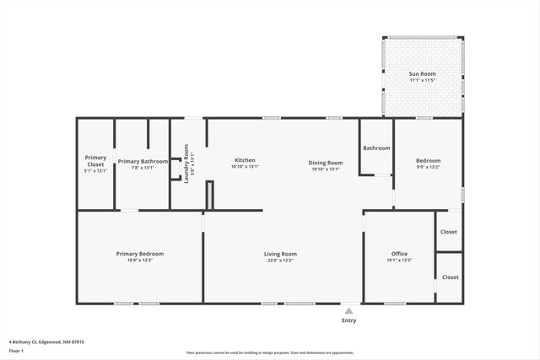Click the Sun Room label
pos(422,74)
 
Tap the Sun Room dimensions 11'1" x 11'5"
pos(422,81)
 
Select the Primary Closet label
pos(95,160)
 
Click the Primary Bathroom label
pos(143,161)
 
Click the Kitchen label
pos(245,160)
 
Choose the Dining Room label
pos(325,162)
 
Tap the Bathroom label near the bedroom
pos(376,148)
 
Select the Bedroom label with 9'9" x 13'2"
pos(428,161)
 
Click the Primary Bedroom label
pos(140,254)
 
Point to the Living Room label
pos(280,254)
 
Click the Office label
pos(399,254)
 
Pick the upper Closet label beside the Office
pos(449,232)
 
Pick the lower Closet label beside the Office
pos(451,277)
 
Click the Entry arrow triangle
pos(348,310)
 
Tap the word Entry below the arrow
pos(348,320)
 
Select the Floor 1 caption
pos(16,351)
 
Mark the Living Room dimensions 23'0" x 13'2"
pos(280,261)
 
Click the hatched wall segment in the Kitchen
pos(210,195)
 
